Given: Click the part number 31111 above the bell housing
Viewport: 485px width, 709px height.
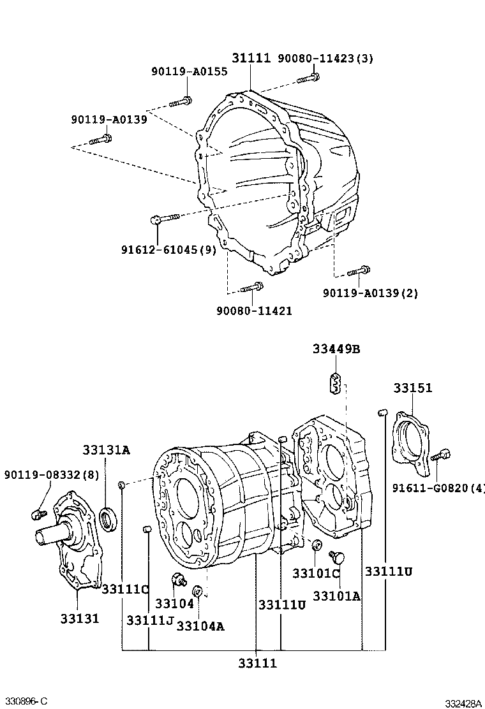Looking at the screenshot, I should tap(251, 59).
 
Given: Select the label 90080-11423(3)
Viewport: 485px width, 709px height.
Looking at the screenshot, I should tap(325, 59).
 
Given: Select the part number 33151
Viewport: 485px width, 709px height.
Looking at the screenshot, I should tap(412, 388).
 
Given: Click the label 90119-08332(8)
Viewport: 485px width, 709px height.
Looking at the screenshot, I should tap(52, 475).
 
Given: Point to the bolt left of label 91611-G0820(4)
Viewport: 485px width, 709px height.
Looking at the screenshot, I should tap(440, 456).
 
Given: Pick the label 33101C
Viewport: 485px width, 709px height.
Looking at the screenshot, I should tap(317, 573).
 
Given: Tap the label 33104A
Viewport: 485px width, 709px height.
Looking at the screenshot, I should tap(200, 625).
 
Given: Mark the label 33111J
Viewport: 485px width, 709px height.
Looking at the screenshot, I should tap(150, 620).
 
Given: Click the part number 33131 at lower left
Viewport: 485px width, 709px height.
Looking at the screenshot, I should tap(80, 618).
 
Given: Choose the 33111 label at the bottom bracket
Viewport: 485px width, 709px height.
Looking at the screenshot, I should tap(258, 663).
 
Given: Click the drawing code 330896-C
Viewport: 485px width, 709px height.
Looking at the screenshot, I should tap(25, 701).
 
